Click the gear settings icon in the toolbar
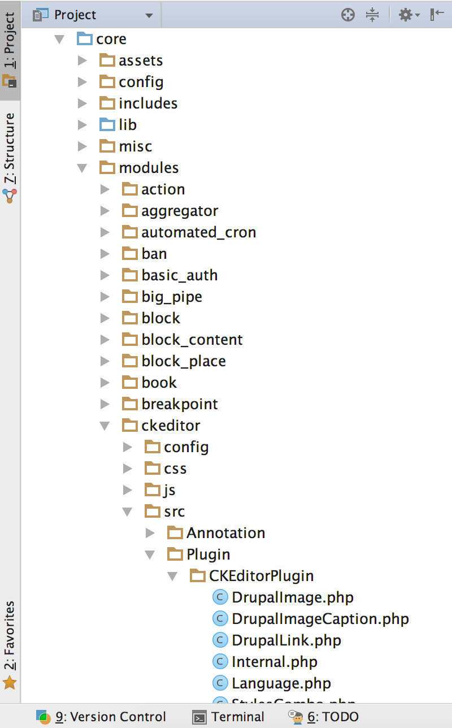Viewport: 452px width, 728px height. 406,15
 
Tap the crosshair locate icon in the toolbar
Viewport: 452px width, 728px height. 348,15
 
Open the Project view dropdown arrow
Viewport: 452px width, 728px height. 149,15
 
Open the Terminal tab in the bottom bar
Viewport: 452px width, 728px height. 228,717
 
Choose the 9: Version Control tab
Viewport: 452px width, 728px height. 102,717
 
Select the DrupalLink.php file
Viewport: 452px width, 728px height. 286,640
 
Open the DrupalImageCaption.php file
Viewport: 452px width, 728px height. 320,619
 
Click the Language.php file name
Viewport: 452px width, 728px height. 281,683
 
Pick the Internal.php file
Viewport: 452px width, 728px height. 274,662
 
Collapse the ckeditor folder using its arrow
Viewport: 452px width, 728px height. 105,426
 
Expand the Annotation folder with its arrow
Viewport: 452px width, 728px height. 150,533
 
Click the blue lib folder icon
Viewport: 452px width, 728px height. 107,124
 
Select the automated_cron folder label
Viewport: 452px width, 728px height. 198,232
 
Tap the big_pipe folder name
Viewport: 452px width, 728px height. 172,297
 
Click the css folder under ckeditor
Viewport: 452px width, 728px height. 175,469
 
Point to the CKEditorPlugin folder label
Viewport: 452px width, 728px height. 261,576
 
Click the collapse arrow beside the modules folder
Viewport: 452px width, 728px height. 82,168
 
